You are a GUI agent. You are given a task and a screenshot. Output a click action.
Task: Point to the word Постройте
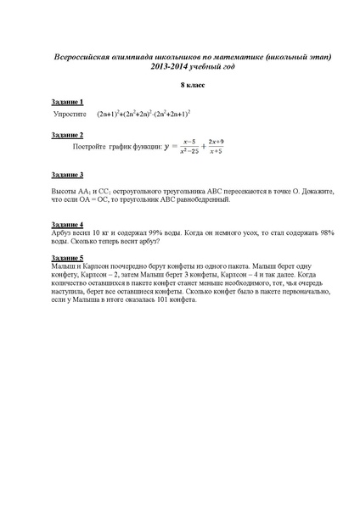(98, 146)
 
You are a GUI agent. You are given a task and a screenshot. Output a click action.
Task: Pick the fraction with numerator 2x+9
(240, 146)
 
